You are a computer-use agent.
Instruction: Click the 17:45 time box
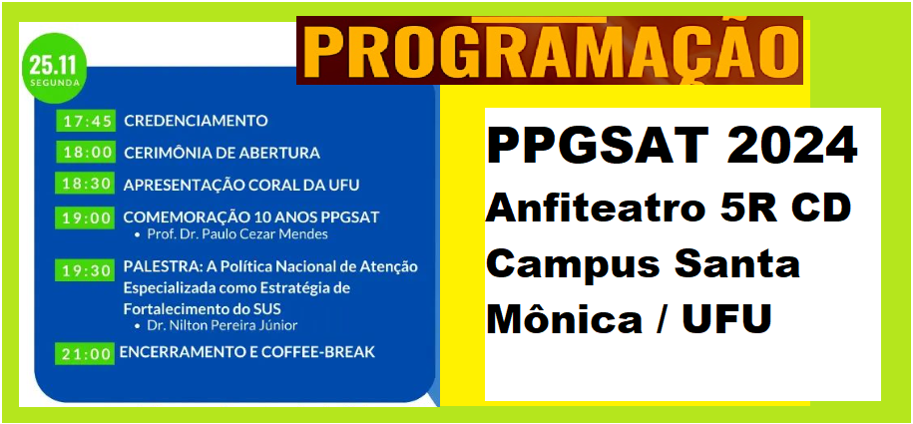tap(86, 121)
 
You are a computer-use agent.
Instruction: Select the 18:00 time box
tap(86, 153)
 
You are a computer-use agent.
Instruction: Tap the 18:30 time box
tap(86, 184)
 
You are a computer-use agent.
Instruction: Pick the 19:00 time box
tap(86, 217)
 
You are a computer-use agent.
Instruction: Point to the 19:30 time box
tap(86, 270)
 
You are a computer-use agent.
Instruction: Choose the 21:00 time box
tap(85, 353)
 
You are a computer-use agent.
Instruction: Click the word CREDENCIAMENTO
tap(197, 121)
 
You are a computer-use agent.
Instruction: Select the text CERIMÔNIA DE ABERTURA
tap(222, 153)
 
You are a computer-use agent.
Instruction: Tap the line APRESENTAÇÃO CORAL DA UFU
tap(241, 185)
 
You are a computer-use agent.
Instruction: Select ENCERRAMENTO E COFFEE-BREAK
tap(247, 352)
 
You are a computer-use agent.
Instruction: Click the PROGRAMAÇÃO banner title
tap(550, 50)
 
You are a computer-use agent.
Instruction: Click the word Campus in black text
tap(573, 265)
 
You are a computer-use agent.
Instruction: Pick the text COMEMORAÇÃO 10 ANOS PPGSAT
tap(251, 217)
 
